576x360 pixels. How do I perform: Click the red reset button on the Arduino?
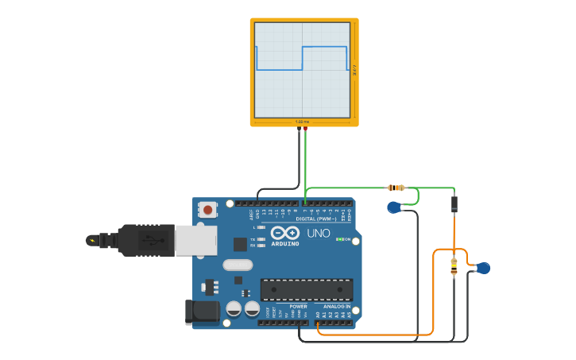(x=207, y=210)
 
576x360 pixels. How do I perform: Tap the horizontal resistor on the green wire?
(x=396, y=188)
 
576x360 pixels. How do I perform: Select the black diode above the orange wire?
(x=454, y=204)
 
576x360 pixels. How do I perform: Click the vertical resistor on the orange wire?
(x=454, y=268)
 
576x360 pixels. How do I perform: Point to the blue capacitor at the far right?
(x=483, y=268)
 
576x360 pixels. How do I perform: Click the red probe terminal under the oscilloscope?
(x=305, y=128)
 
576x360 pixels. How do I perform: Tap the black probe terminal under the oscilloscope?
(x=299, y=128)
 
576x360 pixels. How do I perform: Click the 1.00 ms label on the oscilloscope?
(x=302, y=122)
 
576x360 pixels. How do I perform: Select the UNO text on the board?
(x=318, y=233)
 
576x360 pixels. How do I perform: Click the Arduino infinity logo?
(x=285, y=233)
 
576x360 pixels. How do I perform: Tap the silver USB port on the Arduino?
(x=195, y=240)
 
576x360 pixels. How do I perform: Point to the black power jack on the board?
(x=202, y=312)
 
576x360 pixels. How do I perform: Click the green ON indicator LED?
(x=339, y=239)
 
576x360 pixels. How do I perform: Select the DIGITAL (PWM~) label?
(x=315, y=218)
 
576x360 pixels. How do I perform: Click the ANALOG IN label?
(x=336, y=306)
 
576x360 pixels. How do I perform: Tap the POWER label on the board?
(x=298, y=306)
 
